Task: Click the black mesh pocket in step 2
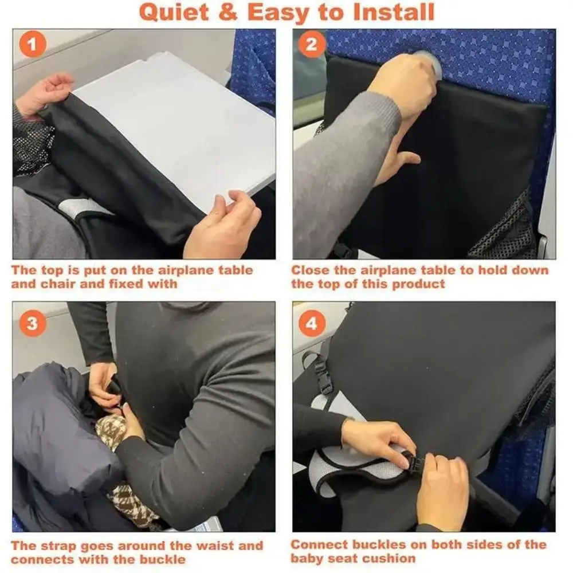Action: (504, 229)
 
